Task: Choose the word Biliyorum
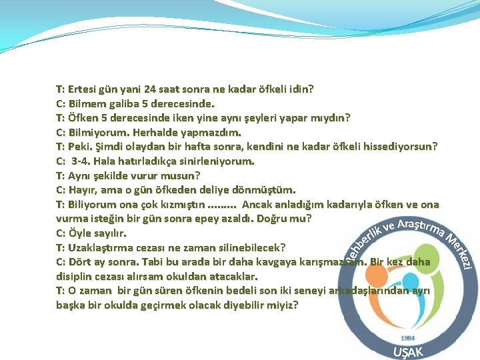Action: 92,205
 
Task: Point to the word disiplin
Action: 76,276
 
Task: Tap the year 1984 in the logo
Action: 407,338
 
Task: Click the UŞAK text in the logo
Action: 407,351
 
